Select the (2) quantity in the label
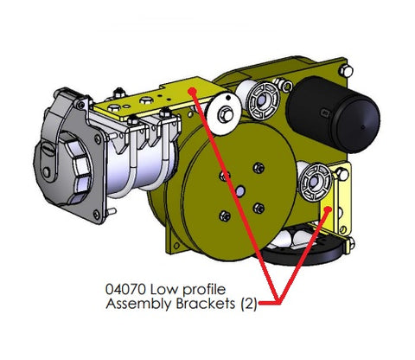pyautogui.click(x=248, y=304)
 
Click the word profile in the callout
pyautogui.click(x=204, y=290)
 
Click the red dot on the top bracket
pyautogui.click(x=192, y=91)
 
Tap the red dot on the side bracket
pyautogui.click(x=328, y=209)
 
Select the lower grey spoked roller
pyautogui.click(x=315, y=183)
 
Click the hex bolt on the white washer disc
pyautogui.click(x=226, y=114)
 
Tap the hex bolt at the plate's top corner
pyautogui.click(x=346, y=71)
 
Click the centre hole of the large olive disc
pyautogui.click(x=239, y=191)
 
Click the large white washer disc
pyautogui.click(x=224, y=114)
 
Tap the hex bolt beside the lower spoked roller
pyautogui.click(x=342, y=174)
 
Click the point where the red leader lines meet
pyautogui.click(x=278, y=302)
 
